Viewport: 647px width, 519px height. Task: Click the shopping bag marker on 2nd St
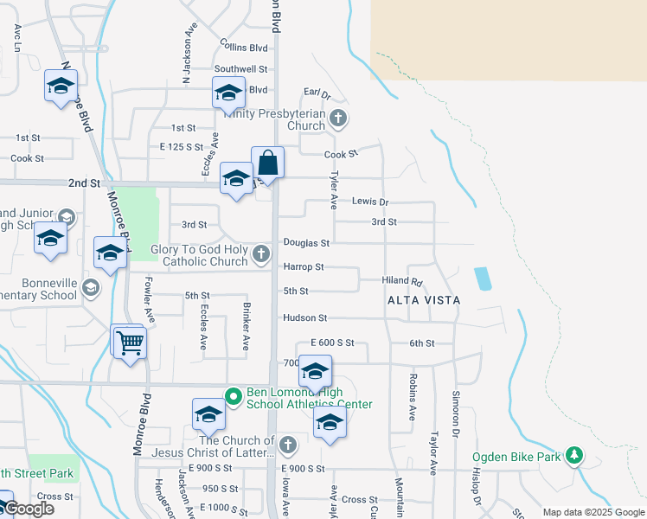click(x=268, y=163)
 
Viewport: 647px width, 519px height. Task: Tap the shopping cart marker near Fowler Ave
click(x=130, y=343)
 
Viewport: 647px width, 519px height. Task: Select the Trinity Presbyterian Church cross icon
click(x=337, y=119)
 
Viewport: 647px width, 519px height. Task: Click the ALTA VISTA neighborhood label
click(x=423, y=299)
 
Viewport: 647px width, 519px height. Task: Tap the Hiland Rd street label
click(x=402, y=281)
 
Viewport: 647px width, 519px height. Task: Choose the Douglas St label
click(x=306, y=244)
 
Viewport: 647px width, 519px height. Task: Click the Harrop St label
click(x=303, y=267)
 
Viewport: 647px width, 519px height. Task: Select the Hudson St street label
click(x=304, y=318)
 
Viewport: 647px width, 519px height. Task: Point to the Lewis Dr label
click(x=370, y=202)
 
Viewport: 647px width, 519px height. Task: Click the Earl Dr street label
click(x=317, y=93)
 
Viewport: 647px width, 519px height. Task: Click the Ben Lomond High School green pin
click(x=232, y=397)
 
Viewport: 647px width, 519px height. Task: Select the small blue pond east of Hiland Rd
click(x=483, y=279)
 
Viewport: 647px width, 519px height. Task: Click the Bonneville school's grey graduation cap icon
click(x=90, y=287)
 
